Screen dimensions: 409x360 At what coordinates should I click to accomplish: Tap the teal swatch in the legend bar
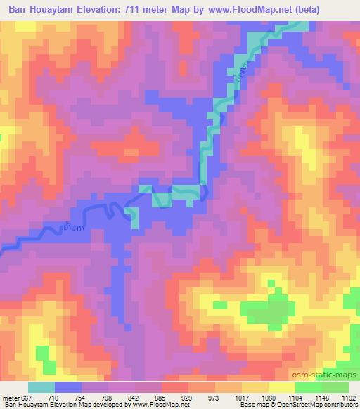(41, 387)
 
